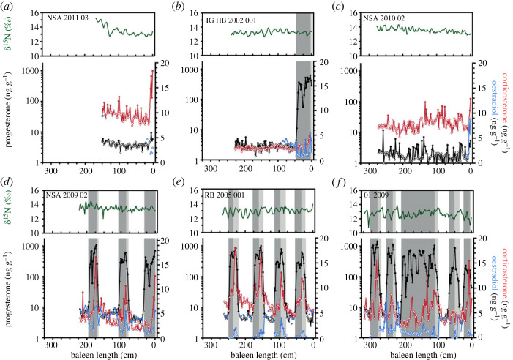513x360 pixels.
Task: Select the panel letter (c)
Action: click(x=353, y=7)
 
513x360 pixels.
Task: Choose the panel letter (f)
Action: click(x=353, y=184)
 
